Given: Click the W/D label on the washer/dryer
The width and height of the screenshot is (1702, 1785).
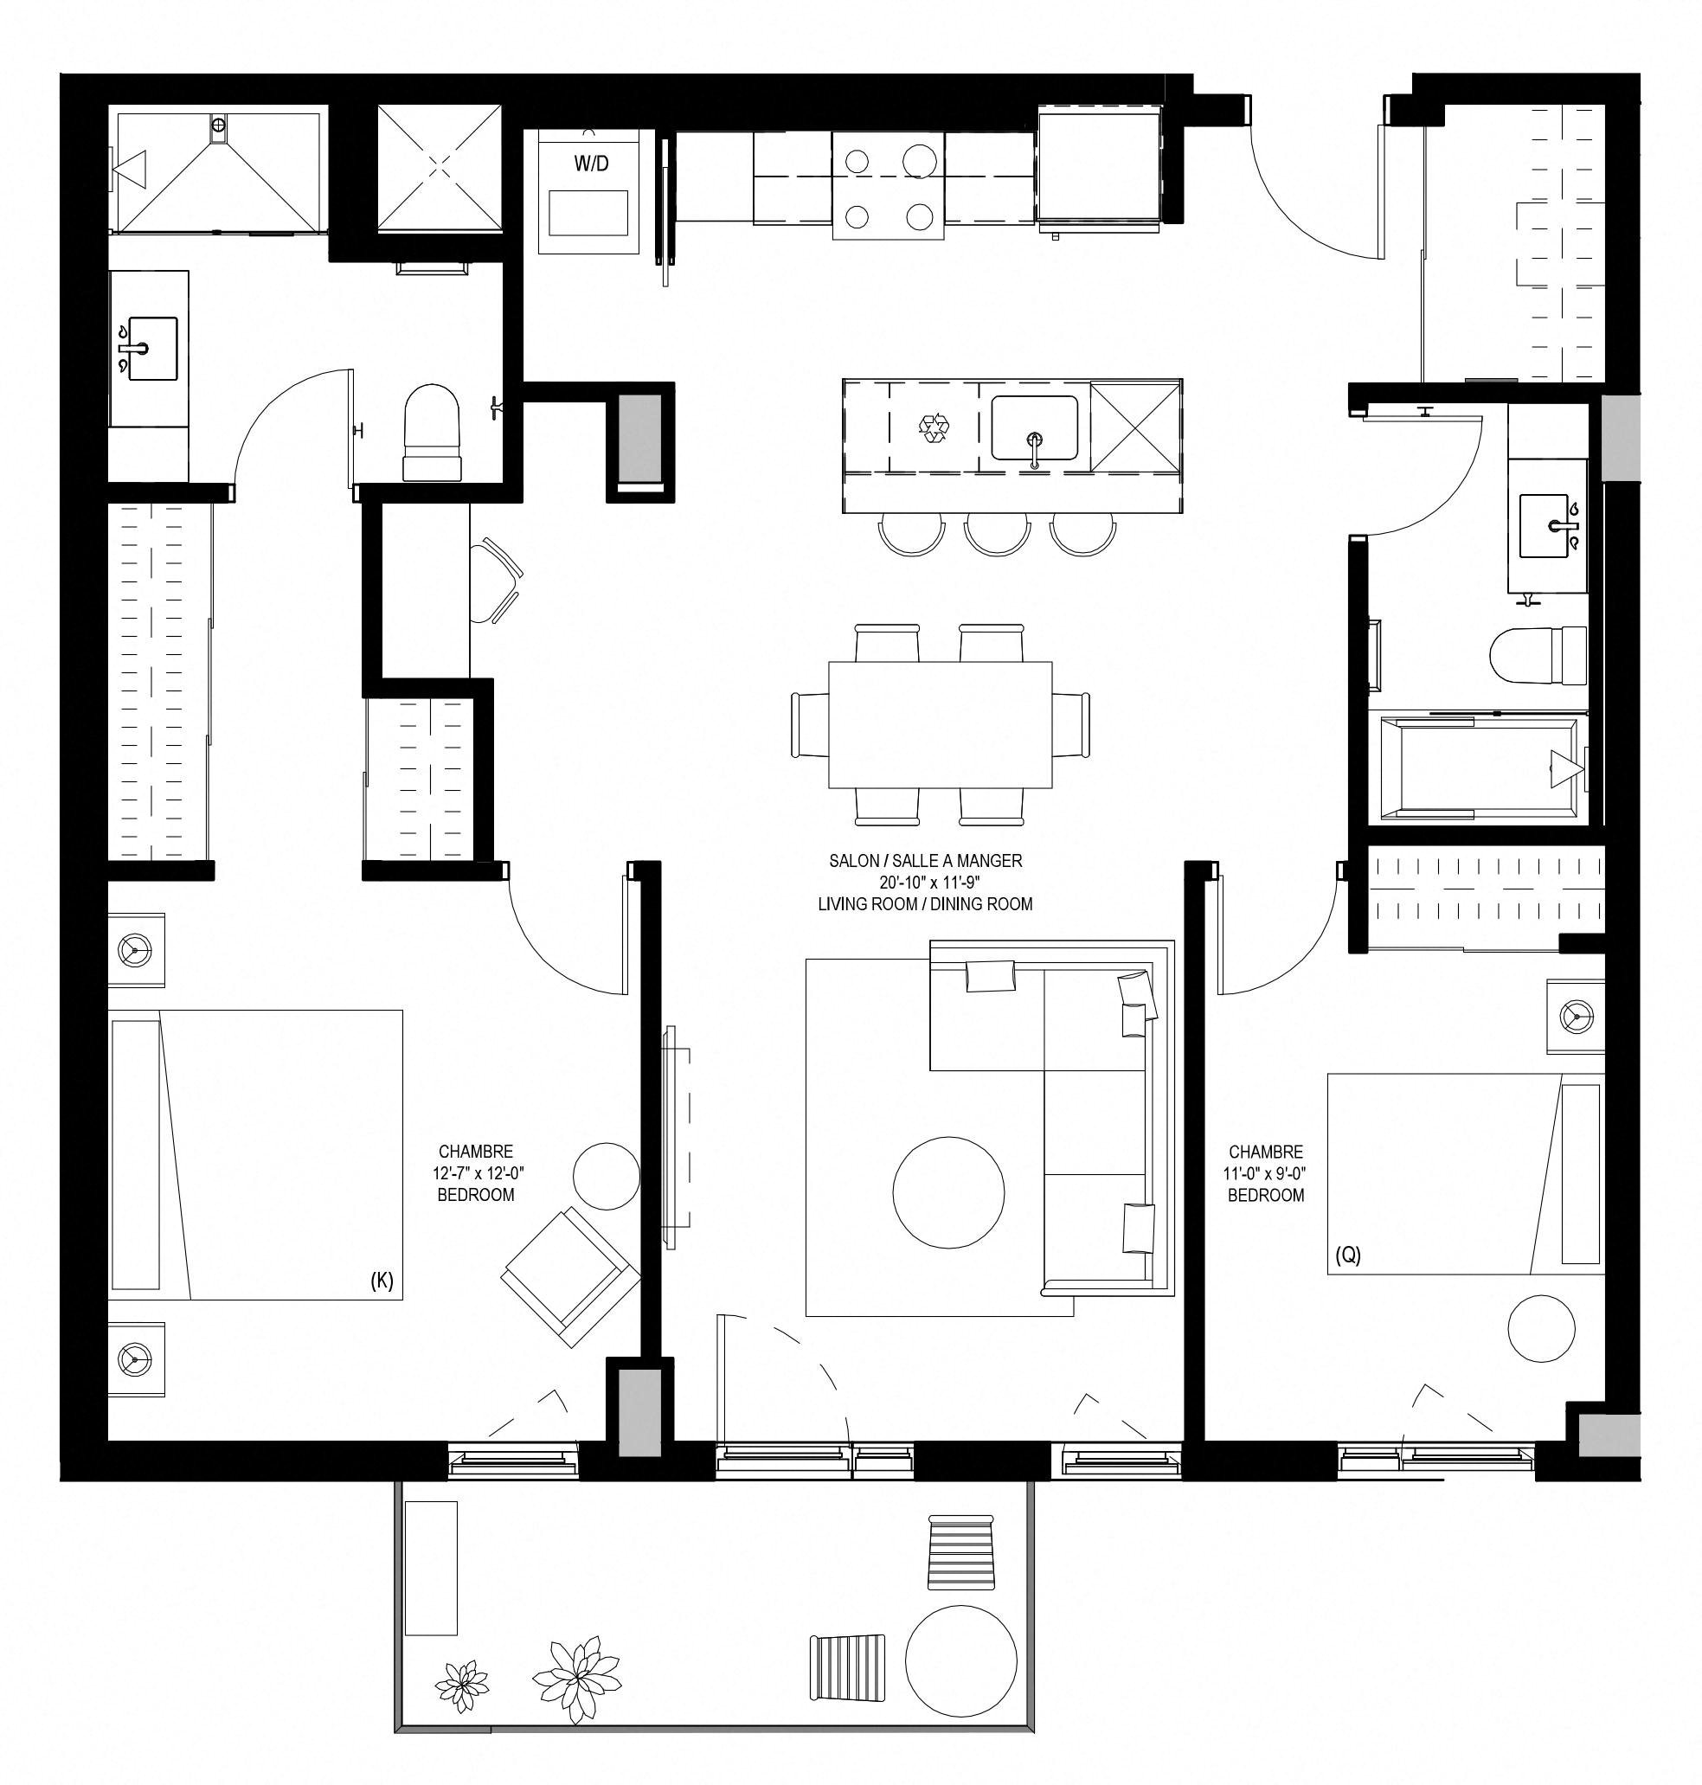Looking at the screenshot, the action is coord(591,164).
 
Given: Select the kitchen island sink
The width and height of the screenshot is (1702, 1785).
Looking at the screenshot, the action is coord(1034,428).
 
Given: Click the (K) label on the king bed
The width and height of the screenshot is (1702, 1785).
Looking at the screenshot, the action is coord(382,1280).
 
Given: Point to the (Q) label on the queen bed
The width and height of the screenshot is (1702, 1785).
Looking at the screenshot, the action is coord(1348,1255).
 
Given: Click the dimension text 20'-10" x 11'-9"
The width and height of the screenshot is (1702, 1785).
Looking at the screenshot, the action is coord(924,882).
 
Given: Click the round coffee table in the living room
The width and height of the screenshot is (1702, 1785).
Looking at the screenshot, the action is coord(948,1192).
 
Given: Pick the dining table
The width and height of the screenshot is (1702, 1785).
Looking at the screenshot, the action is coord(940,725).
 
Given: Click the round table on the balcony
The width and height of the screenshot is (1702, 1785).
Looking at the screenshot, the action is coord(960,1660).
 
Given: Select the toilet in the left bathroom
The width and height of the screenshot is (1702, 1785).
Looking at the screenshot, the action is coord(432,433).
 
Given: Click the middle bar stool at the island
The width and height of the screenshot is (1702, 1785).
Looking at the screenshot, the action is coord(996,534).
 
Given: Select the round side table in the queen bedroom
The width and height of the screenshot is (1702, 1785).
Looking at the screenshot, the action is coord(1541,1328).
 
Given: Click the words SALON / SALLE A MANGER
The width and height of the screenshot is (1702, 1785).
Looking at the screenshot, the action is coord(925,860).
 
